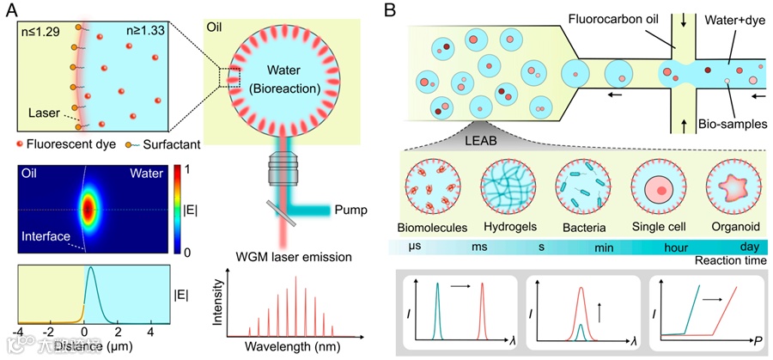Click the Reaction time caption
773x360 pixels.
click(x=727, y=260)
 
